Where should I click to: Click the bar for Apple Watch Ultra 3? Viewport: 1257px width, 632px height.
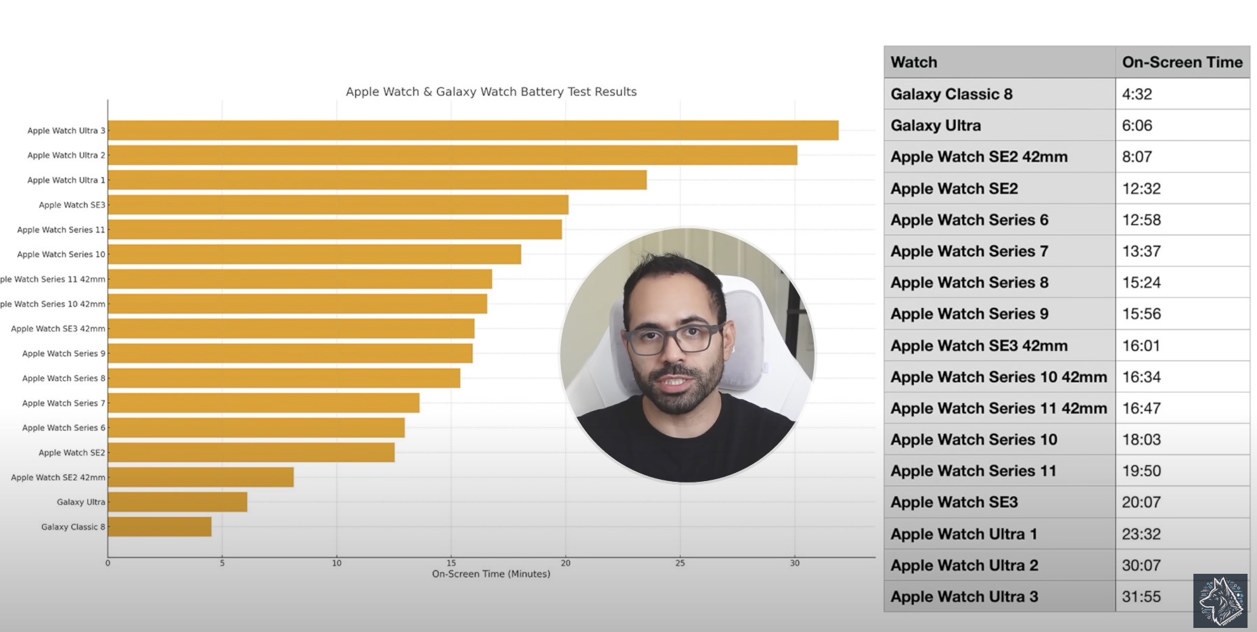[x=473, y=131]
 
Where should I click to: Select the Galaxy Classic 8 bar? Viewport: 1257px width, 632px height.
[x=160, y=526]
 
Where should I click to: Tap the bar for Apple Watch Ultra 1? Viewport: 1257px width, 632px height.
[x=377, y=180]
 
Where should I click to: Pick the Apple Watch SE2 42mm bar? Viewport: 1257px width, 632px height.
[x=201, y=477]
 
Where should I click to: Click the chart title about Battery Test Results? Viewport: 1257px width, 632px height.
[x=491, y=91]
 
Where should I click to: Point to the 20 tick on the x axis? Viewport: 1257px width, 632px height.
[x=566, y=563]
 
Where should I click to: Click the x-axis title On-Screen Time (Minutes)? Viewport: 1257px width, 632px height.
[x=491, y=574]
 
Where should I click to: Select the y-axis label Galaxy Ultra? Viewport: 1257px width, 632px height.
[x=81, y=502]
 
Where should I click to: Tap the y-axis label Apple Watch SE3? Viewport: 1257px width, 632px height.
[x=72, y=205]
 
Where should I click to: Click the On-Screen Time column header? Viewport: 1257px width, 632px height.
[x=1182, y=62]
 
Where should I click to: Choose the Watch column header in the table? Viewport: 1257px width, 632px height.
[x=914, y=62]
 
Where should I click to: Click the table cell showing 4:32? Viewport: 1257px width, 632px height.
[x=1137, y=94]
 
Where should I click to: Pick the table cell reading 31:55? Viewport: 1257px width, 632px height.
[x=1141, y=597]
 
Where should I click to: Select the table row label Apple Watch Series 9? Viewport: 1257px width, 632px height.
[x=969, y=314]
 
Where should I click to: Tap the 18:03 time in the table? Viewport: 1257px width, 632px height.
[x=1141, y=440]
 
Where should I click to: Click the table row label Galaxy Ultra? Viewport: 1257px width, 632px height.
[x=936, y=125]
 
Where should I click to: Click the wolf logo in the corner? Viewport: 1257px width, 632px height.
[x=1220, y=600]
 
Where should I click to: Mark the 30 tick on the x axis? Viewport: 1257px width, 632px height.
[x=795, y=563]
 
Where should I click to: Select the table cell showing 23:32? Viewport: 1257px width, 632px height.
[x=1141, y=534]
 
